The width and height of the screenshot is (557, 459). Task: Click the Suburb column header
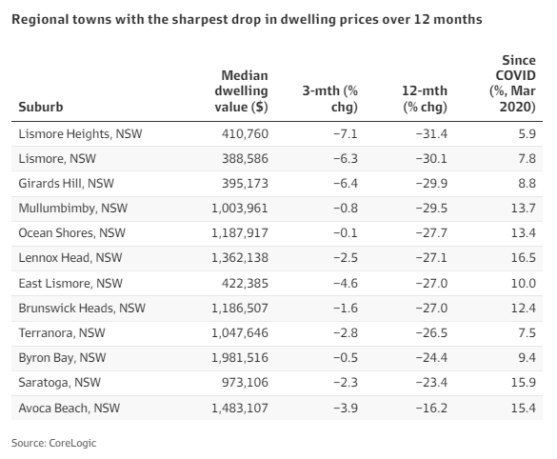41,107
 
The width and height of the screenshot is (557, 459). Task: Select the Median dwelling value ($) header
241,91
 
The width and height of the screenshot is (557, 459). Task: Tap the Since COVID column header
512,84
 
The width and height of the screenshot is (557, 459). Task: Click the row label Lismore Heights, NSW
80,134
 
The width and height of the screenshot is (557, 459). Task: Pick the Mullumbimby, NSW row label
72,209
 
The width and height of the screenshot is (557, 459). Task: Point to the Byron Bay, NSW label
62,358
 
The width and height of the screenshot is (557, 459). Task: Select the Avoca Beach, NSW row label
69,408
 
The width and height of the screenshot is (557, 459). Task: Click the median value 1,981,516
240,358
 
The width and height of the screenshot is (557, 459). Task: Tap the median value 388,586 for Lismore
245,158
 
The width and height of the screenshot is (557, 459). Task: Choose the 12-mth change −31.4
431,134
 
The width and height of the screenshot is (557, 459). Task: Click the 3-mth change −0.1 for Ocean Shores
346,233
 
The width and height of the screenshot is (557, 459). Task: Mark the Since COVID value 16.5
524,257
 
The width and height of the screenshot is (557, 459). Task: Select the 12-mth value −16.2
431,408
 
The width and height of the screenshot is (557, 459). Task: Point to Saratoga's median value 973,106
245,383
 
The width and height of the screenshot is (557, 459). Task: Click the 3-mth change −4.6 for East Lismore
346,284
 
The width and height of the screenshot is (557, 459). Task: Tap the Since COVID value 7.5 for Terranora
527,333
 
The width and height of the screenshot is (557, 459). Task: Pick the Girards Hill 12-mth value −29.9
431,184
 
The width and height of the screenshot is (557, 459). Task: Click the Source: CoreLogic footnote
53,443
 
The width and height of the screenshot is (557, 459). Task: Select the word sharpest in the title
200,19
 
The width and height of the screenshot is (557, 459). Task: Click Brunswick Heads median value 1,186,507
240,308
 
